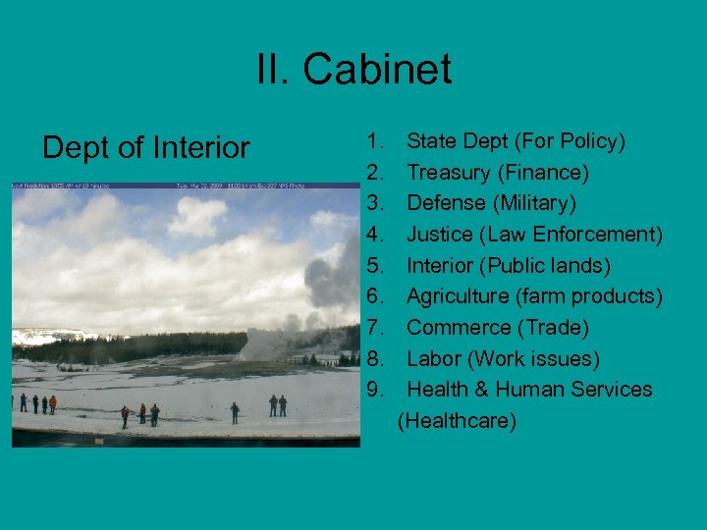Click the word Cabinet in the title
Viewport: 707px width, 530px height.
click(377, 71)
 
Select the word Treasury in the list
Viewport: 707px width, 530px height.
click(449, 173)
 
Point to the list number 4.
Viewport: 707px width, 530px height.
click(374, 235)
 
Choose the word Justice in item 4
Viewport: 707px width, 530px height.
click(438, 235)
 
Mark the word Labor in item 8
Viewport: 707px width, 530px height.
click(433, 359)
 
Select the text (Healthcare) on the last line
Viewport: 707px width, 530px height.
click(457, 421)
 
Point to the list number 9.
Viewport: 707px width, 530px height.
click(374, 390)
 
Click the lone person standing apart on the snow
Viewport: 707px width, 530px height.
click(235, 412)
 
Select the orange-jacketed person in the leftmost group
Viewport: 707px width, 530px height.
click(52, 403)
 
